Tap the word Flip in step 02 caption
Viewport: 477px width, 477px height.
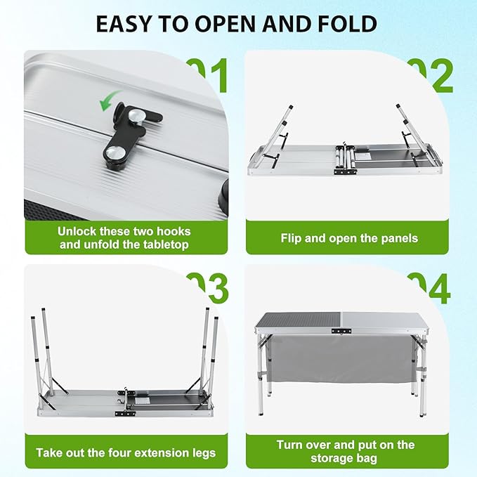pos(294,238)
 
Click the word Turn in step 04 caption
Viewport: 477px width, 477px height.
pos(292,445)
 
